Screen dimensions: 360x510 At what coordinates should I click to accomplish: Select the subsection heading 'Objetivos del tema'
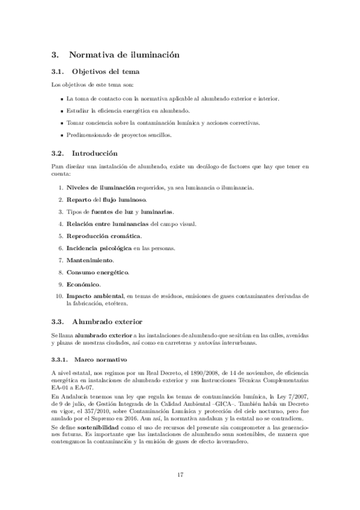point(105,72)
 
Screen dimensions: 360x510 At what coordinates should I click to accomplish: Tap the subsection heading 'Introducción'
point(95,153)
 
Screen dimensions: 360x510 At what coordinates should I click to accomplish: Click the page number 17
point(180,475)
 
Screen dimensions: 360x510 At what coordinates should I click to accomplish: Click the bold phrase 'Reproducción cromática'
point(103,236)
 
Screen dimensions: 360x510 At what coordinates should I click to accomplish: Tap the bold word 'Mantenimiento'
point(90,260)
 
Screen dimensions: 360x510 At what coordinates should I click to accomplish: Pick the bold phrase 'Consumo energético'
point(97,272)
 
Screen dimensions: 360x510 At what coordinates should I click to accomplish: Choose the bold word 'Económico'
point(84,284)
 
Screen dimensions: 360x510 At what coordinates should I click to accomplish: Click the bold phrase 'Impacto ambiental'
point(94,296)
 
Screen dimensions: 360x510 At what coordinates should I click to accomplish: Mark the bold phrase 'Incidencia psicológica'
point(99,248)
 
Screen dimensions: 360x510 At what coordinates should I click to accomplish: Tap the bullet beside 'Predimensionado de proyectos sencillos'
point(63,135)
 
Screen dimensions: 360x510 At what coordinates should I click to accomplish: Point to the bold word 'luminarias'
point(157,212)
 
